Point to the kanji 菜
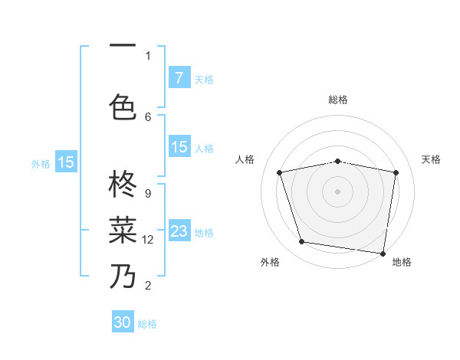coord(123,229)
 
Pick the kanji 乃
coord(123,277)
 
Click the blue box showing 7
coord(179,78)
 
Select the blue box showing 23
coord(179,231)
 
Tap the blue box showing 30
coord(123,322)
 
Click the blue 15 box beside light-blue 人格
coord(179,147)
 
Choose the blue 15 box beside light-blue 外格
coord(66,162)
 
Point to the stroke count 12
coord(149,240)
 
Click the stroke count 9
coord(147,194)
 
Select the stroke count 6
coord(147,116)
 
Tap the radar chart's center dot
coord(337,191)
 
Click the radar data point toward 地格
coord(383,253)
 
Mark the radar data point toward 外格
coord(301,242)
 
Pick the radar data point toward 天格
coord(396,172)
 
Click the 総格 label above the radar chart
coord(337,100)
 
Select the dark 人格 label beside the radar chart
coord(245,159)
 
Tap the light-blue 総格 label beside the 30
coord(147,324)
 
